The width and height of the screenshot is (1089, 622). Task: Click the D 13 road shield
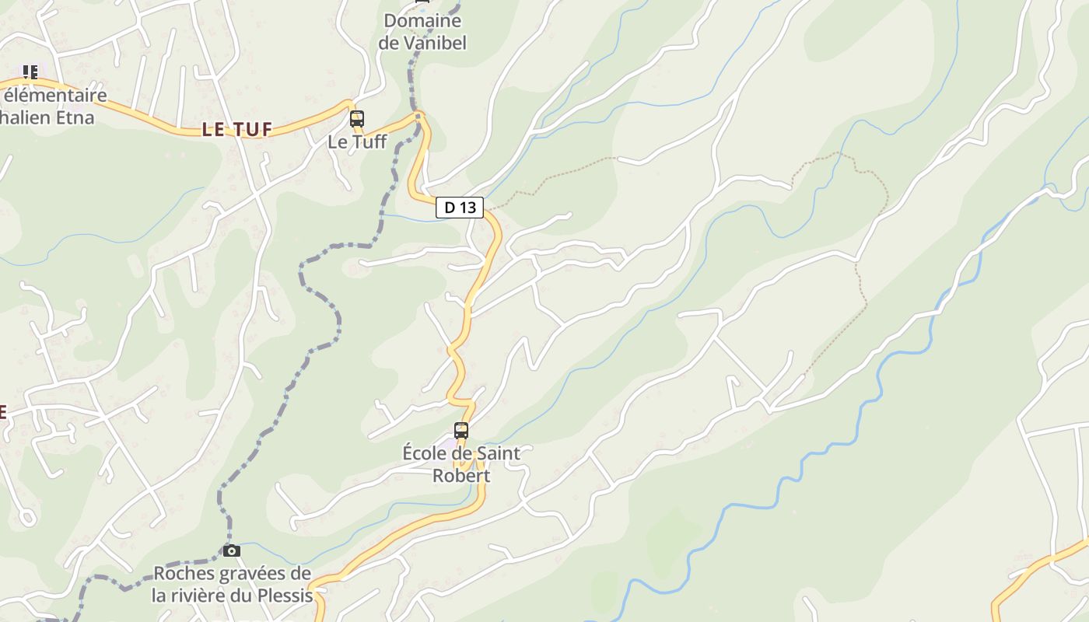pos(460,208)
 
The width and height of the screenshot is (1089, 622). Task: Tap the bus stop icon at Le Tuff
pos(357,119)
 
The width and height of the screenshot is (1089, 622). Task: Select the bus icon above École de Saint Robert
pos(461,430)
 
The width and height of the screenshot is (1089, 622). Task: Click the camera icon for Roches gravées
pos(232,550)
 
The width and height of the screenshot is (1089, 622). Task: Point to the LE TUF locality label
pos(237,130)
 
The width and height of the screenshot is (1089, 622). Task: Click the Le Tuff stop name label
pos(357,142)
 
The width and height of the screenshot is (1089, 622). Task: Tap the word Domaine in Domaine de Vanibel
pos(422,21)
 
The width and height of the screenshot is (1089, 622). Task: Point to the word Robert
pos(461,476)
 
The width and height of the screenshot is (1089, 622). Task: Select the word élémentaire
pos(55,96)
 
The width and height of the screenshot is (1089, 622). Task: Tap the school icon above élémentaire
pos(30,72)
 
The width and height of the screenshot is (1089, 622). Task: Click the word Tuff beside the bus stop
pos(369,142)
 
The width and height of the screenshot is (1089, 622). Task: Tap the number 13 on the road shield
pos(467,208)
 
